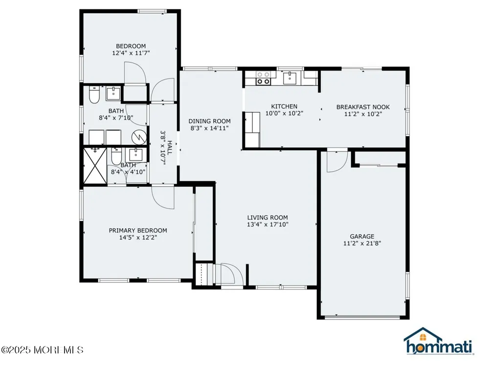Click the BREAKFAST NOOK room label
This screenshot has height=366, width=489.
363,107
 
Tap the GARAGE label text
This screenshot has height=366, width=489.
362,237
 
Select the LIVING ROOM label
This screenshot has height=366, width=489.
267,218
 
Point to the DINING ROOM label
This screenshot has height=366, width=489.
209,121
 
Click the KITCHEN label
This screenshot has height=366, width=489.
284,106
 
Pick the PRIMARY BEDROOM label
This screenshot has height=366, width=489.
138,231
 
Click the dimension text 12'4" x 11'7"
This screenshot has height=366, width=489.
131,53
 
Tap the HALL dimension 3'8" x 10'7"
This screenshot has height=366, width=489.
163,148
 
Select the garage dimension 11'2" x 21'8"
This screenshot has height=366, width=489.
362,244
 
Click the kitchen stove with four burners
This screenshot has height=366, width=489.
263,78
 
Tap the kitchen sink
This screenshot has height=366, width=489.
290,78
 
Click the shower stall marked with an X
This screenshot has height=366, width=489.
95,166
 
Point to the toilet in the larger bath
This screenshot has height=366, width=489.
94,95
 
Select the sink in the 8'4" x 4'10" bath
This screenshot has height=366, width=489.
135,155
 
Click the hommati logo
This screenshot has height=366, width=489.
439,342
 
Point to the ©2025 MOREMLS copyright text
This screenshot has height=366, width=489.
42,350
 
